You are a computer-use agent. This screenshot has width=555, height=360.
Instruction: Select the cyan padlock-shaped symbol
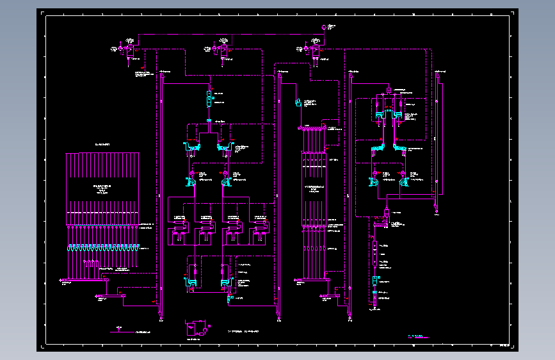click(298, 102)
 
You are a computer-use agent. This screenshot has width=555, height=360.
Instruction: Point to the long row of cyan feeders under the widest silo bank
click(102, 247)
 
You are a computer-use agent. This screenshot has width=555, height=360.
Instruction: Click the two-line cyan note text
click(419, 336)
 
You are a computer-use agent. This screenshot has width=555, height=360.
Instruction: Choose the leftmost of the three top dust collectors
click(129, 50)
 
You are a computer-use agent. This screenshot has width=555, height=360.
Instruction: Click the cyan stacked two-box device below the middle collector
click(209, 99)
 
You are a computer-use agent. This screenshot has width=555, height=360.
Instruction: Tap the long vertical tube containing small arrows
click(374, 253)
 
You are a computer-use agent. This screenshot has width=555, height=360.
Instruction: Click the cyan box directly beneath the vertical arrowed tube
click(374, 282)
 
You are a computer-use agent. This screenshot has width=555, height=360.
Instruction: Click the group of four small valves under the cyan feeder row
click(89, 264)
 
